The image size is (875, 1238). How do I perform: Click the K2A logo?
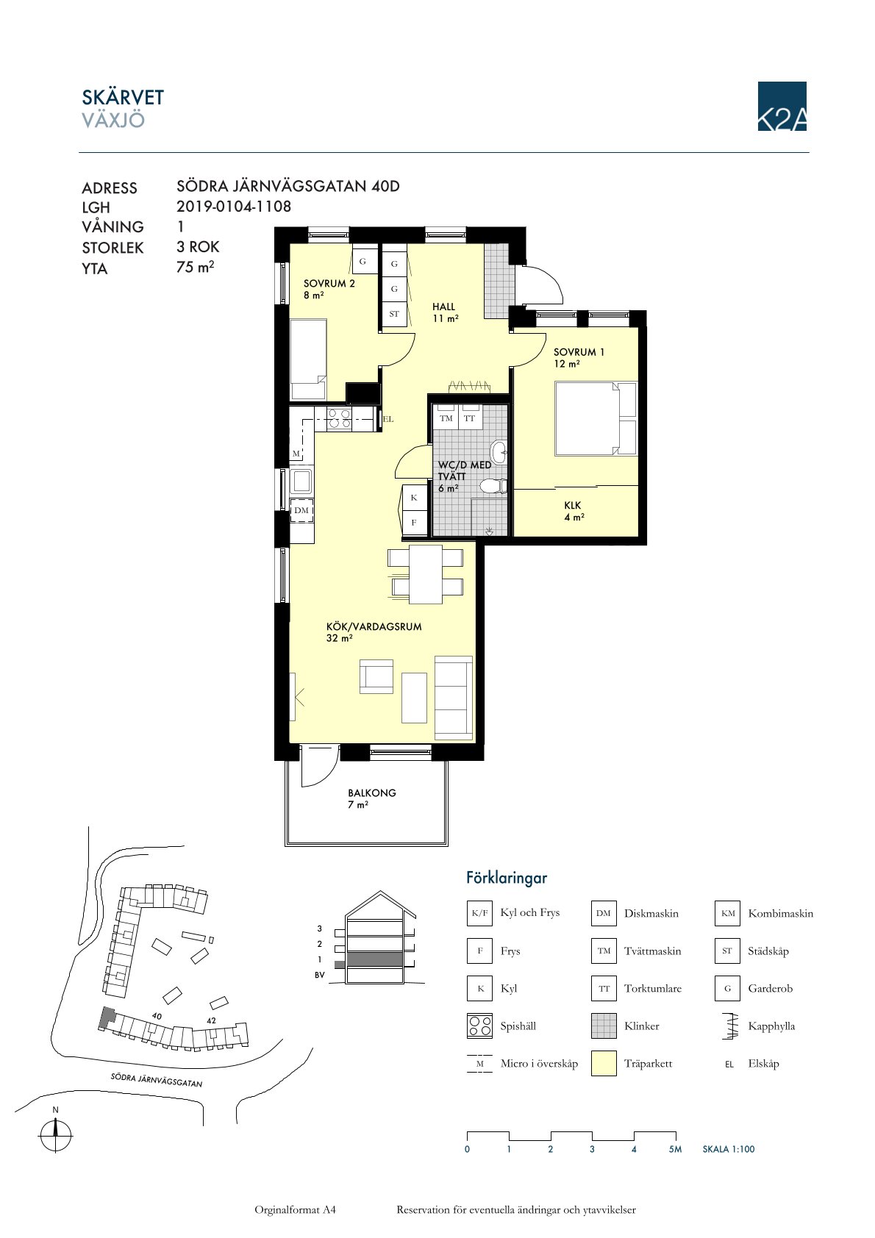click(782, 106)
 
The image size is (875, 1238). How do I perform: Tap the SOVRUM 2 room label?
click(329, 284)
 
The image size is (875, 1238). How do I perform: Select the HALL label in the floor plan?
click(444, 307)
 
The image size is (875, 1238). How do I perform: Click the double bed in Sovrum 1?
click(596, 418)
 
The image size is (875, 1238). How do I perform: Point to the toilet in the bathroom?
click(493, 487)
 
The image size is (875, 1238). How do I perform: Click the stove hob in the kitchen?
click(339, 418)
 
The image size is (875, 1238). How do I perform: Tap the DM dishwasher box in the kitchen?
click(301, 510)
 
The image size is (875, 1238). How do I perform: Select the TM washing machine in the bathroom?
click(446, 418)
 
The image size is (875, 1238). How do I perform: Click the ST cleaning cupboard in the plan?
click(394, 314)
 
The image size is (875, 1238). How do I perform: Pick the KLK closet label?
click(572, 505)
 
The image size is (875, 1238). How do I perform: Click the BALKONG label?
click(372, 792)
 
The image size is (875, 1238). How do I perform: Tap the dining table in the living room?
click(425, 574)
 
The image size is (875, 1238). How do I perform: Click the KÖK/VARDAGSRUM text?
click(374, 627)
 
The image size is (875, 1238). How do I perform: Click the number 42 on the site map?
click(211, 1021)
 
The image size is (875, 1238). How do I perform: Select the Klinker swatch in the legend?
click(604, 1026)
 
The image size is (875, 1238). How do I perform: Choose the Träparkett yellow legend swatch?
click(604, 1064)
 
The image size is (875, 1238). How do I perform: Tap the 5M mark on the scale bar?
click(675, 1150)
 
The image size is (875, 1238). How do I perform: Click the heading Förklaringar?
click(507, 878)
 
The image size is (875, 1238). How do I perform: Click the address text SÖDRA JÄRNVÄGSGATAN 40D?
click(288, 186)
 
